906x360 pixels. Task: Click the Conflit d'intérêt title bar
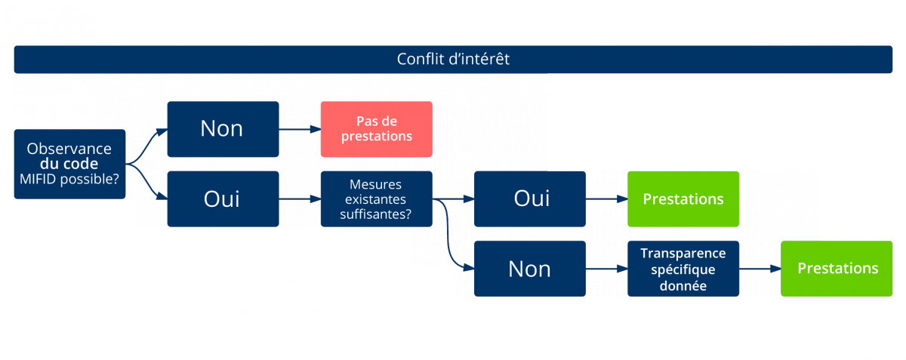tap(453, 59)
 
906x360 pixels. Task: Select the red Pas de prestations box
tap(376, 129)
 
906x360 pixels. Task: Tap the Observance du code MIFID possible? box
tap(69, 164)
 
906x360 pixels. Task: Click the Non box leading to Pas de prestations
tap(223, 129)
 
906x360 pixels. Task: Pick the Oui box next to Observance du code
tap(223, 199)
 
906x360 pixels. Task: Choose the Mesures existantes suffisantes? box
tap(376, 199)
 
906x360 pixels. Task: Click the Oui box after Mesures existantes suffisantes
tap(529, 199)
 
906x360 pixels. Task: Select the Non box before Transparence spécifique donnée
tap(529, 269)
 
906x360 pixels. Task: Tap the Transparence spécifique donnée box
tap(683, 269)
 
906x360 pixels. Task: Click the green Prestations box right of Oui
tap(683, 199)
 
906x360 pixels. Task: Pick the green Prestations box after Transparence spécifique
tap(837, 269)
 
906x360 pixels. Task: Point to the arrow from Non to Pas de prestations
tap(300, 129)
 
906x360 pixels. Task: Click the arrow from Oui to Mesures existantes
tap(300, 199)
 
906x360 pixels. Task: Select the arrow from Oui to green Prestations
tap(606, 199)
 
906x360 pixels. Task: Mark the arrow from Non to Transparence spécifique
tap(606, 269)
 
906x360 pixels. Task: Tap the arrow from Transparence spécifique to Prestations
tap(760, 269)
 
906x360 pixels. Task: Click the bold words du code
tap(69, 164)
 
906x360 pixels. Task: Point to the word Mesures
tap(376, 185)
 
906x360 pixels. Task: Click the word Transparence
tap(683, 254)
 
